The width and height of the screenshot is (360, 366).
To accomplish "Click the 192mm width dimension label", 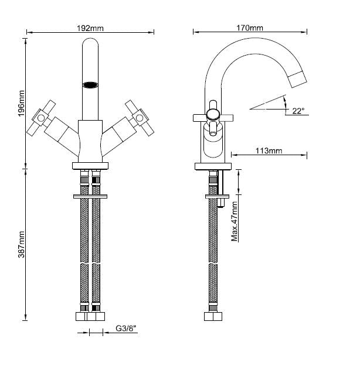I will pyautogui.click(x=90, y=27).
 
